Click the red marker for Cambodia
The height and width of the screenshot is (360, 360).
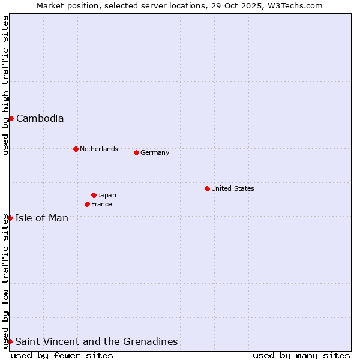pos(11,118)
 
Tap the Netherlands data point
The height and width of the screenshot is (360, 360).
pos(76,149)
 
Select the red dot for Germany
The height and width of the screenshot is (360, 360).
pos(136,152)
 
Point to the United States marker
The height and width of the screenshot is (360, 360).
pos(207,188)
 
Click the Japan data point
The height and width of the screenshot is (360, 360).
pos(94,195)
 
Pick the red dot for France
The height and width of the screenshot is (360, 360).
pos(87,204)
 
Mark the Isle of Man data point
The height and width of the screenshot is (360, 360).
pos(10,218)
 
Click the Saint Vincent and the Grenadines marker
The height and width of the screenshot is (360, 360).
pos(10,341)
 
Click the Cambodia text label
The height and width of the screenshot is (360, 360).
pos(40,118)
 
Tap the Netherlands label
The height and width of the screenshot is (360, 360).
pos(99,149)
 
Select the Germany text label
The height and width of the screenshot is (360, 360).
pos(155,152)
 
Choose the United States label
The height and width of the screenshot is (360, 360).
pos(233,188)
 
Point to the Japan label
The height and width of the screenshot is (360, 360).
pos(107,195)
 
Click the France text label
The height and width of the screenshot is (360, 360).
pos(101,204)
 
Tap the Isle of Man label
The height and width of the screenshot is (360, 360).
pos(41,218)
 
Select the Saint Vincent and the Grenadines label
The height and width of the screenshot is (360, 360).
pos(96,341)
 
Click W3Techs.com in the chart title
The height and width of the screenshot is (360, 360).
pos(293,5)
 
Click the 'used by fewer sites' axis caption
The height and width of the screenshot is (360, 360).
pos(62,355)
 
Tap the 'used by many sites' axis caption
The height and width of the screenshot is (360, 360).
pos(301,355)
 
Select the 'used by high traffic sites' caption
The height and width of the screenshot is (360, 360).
pos(5,85)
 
